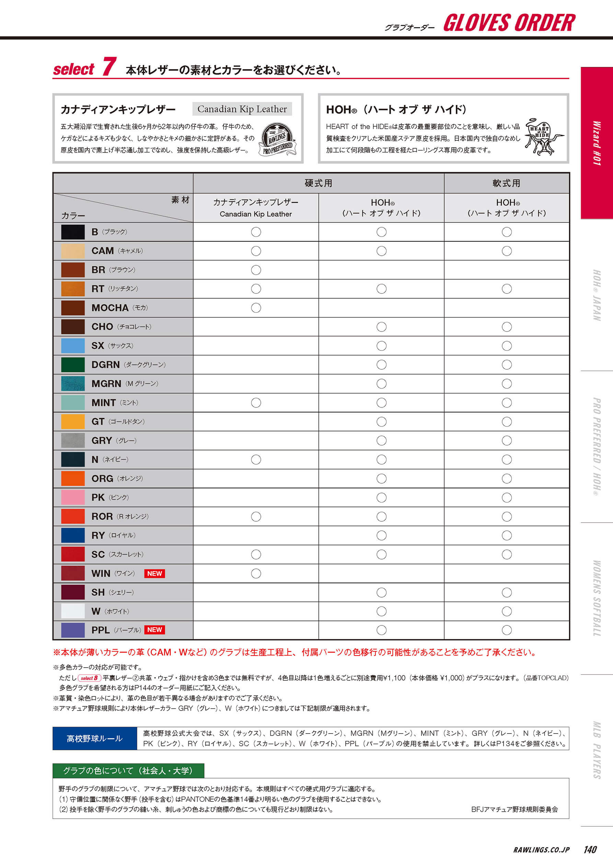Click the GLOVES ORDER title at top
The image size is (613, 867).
[x=509, y=23]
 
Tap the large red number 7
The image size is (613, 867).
[x=109, y=67]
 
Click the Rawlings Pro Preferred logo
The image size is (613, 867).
[x=278, y=139]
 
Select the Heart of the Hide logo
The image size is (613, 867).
[x=544, y=137]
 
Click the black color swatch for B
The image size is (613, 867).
[x=73, y=232]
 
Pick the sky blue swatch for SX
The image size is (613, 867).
[x=73, y=346]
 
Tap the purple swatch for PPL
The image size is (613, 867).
[x=73, y=630]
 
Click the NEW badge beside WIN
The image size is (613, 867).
[x=154, y=573]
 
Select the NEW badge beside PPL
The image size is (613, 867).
[x=154, y=629]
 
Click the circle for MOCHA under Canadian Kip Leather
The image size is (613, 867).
[x=256, y=308]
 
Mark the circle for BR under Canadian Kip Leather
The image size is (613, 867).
[x=256, y=270]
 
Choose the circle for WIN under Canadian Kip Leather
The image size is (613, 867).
[x=256, y=573]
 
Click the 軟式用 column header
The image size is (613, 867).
[x=506, y=183]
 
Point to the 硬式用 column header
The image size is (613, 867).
[x=319, y=183]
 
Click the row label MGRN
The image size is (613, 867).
[x=106, y=384]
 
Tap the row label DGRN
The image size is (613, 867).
[x=105, y=365]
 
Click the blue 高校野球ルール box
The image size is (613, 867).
[x=95, y=738]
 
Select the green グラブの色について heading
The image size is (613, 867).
[x=128, y=770]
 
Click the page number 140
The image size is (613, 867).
[x=590, y=849]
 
